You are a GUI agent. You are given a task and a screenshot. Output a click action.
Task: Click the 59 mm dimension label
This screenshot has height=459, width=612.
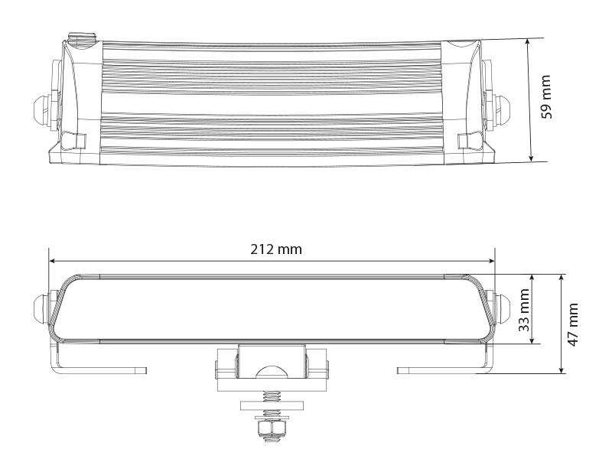(546, 97)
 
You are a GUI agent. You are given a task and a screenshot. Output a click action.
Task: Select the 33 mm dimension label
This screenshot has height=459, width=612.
(524, 309)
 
